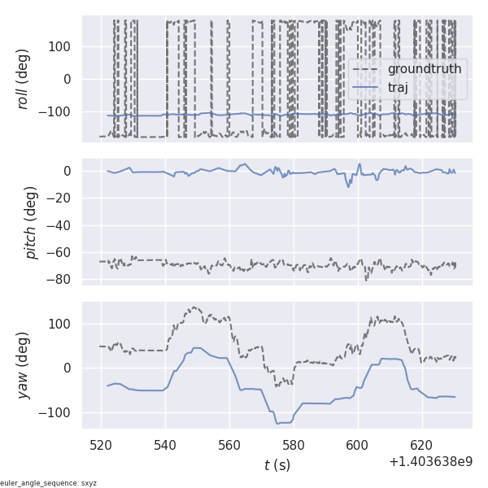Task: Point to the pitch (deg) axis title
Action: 32,221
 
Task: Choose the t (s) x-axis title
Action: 277,465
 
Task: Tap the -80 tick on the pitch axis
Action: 62,279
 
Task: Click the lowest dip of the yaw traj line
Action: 277,424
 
